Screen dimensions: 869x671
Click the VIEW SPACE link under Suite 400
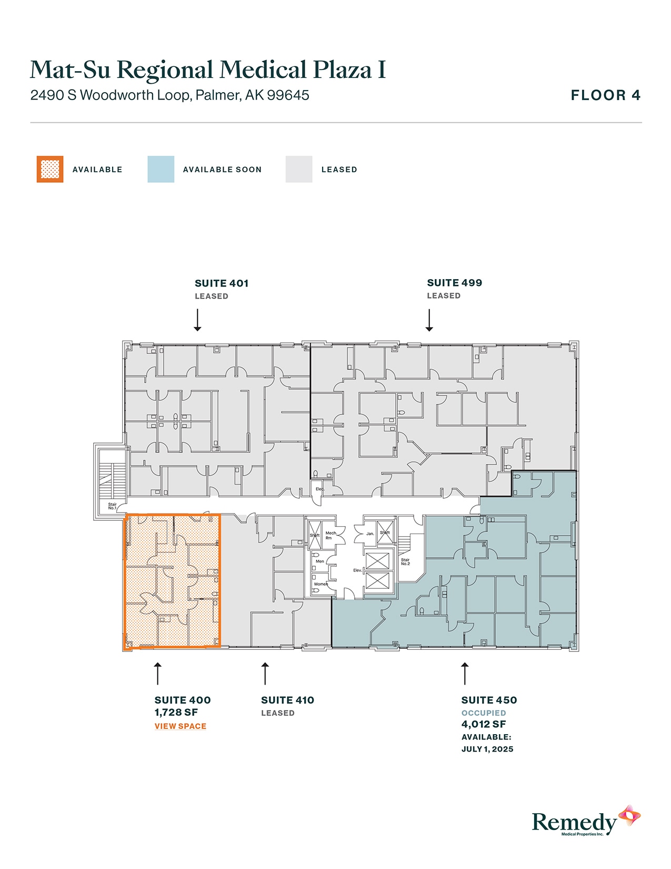tap(180, 726)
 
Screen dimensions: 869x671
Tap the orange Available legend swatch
tap(50, 169)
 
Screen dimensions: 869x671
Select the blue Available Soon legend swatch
tap(161, 169)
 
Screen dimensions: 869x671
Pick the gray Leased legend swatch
tap(298, 169)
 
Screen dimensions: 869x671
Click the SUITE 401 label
tap(222, 283)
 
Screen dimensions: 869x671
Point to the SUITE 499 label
tap(454, 283)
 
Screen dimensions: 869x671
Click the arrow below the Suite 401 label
tap(197, 320)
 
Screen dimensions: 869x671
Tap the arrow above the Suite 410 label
tap(265, 674)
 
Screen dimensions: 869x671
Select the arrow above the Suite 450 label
tap(464, 674)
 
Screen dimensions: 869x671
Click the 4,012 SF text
tap(483, 724)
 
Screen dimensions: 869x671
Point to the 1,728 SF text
tap(176, 712)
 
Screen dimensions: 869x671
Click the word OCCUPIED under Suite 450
tap(483, 713)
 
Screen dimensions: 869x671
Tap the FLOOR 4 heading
tap(606, 95)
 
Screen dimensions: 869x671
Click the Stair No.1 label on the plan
tap(112, 506)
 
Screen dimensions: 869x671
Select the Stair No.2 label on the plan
tap(405, 562)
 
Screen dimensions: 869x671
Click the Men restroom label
tap(320, 561)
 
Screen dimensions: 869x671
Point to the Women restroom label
tap(321, 584)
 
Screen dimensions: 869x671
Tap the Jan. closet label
tap(370, 534)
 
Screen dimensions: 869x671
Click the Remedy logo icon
tap(629, 816)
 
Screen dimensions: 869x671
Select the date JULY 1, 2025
tap(487, 749)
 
